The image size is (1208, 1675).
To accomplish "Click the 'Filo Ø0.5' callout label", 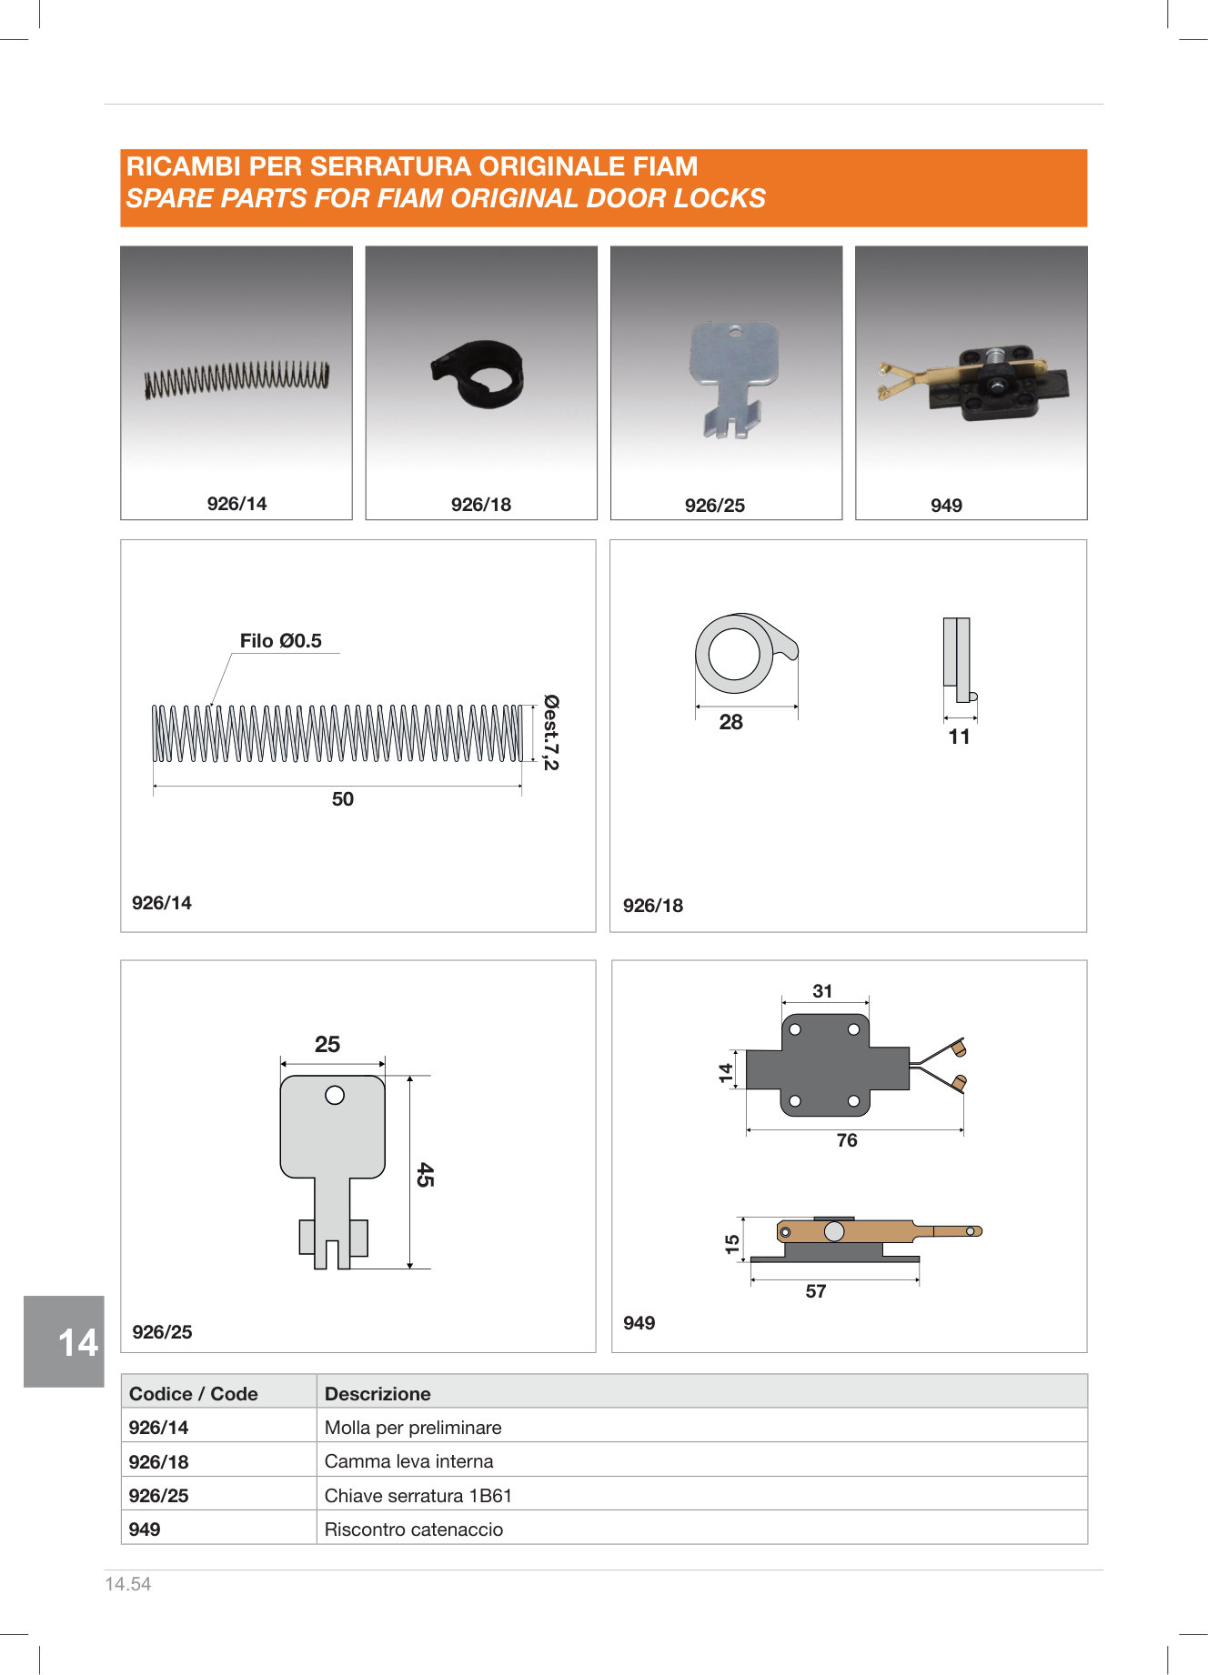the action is (281, 641).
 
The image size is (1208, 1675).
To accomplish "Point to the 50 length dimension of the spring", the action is (343, 799).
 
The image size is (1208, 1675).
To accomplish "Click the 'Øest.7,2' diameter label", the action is (551, 732).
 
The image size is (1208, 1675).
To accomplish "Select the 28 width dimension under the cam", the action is (731, 722).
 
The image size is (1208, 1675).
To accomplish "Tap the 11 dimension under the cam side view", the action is (960, 737).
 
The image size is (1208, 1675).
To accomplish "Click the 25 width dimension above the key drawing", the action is (327, 1045).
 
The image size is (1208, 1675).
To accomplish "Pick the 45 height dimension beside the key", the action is (425, 1174).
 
